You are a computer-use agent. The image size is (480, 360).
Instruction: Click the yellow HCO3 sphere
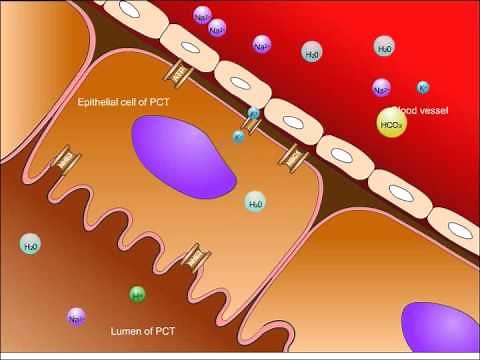(392, 124)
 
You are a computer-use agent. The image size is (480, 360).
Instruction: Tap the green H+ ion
(138, 294)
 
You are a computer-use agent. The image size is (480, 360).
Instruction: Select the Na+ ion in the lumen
(76, 317)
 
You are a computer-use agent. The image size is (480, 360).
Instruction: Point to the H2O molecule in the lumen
(32, 243)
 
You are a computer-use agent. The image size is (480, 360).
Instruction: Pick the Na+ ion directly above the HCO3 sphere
(382, 90)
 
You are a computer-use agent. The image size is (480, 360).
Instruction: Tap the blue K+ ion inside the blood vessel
(423, 88)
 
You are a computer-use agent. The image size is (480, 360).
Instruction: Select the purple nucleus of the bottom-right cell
(440, 329)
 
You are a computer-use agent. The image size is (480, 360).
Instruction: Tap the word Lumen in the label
(123, 328)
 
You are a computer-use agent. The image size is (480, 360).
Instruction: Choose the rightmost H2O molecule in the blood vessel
(385, 48)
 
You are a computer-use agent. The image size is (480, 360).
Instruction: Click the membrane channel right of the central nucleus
(295, 157)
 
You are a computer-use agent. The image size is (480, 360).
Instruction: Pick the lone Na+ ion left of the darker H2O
(262, 45)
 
